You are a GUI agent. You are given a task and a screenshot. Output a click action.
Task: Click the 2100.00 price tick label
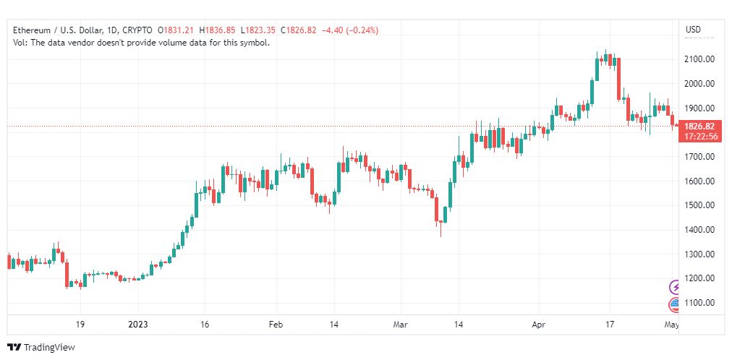tap(699, 59)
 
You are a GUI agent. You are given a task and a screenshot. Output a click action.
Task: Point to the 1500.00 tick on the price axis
tap(699, 205)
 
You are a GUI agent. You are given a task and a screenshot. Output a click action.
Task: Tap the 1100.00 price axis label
tap(699, 303)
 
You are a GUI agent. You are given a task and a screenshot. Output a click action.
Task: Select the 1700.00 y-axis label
tap(699, 157)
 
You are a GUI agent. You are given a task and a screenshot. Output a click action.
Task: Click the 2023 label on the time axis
tap(137, 325)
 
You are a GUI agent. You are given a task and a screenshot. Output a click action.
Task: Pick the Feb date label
tap(276, 325)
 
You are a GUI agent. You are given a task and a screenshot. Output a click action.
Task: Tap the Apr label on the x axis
tap(539, 325)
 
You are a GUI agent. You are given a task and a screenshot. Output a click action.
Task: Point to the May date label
tap(671, 325)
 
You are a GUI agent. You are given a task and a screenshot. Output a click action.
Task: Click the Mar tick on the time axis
tap(401, 325)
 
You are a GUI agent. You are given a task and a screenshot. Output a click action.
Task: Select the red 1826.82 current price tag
tap(699, 127)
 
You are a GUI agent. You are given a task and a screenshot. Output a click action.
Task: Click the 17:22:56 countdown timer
tap(699, 136)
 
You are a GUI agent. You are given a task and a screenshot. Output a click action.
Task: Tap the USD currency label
tap(693, 30)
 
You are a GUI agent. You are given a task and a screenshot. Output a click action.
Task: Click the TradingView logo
tap(41, 348)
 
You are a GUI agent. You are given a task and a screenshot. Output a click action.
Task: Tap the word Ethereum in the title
tap(31, 30)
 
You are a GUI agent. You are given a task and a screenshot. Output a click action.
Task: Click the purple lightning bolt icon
tap(675, 287)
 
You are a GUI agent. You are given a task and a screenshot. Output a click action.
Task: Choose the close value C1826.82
tap(298, 30)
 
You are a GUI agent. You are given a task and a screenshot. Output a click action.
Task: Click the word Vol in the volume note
tap(19, 43)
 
